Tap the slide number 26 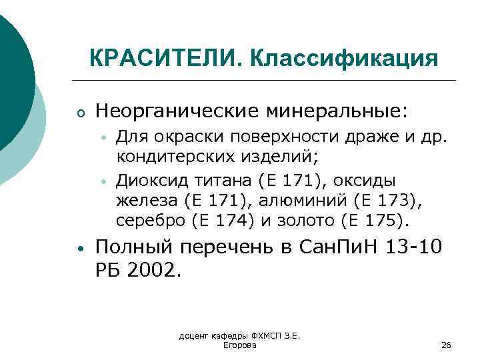pyautogui.click(x=446, y=345)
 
